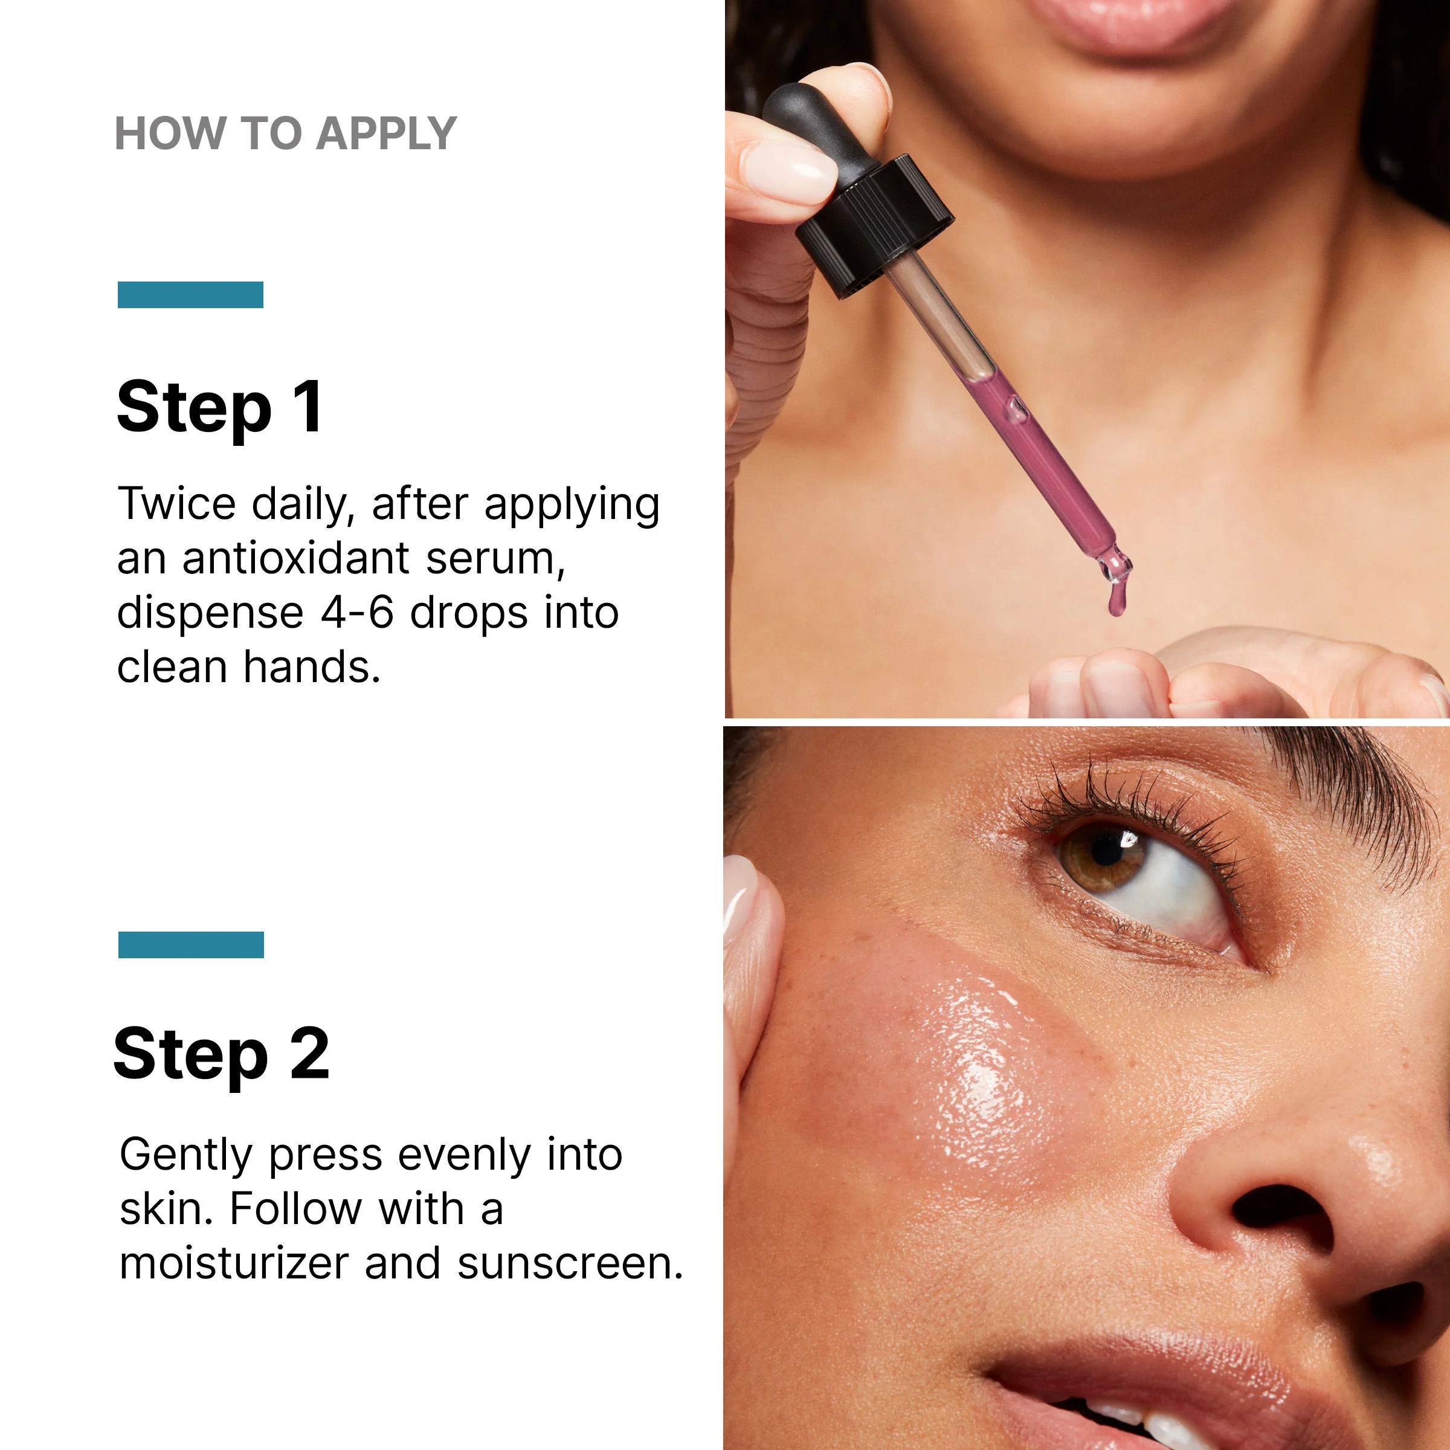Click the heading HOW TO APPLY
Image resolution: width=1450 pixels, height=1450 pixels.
pyautogui.click(x=286, y=134)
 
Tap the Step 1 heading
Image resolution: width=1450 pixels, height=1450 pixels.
pyautogui.click(x=220, y=408)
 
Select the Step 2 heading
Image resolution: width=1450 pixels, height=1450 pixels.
pyautogui.click(x=221, y=1054)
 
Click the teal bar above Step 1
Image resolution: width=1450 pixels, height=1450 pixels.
pyautogui.click(x=191, y=294)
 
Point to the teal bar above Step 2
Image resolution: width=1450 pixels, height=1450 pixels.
pyautogui.click(x=192, y=945)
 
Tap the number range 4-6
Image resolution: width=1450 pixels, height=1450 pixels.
pyautogui.click(x=357, y=613)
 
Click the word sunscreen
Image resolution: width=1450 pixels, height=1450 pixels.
pyautogui.click(x=570, y=1264)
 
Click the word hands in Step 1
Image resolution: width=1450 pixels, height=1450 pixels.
pyautogui.click(x=312, y=666)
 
